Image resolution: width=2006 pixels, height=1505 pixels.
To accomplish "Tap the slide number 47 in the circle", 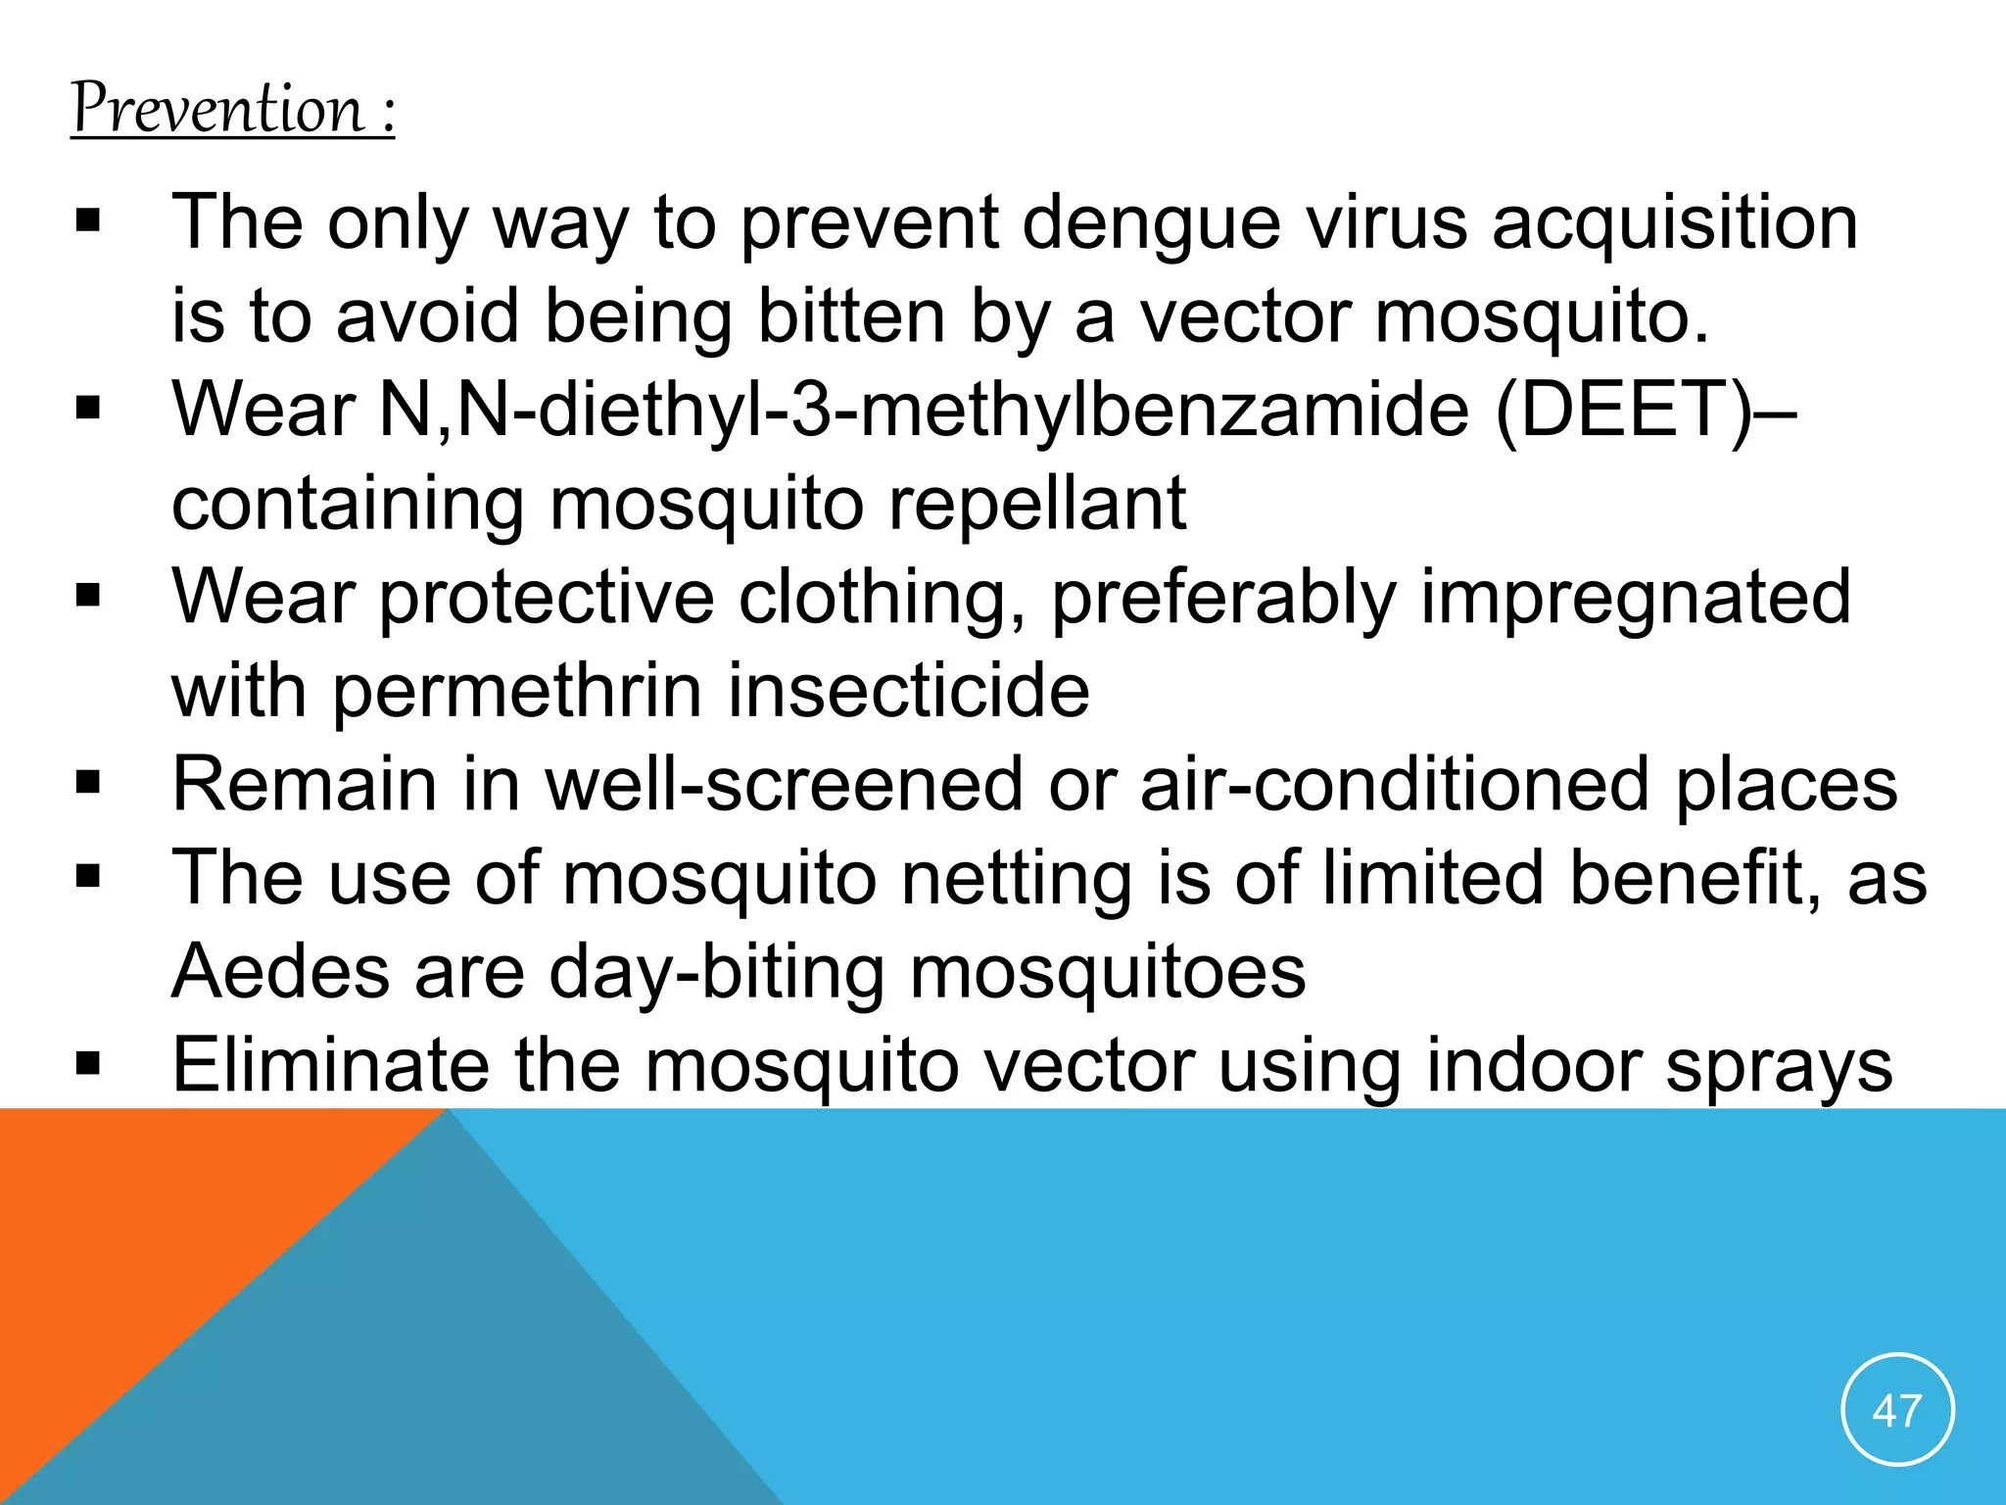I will [1897, 1411].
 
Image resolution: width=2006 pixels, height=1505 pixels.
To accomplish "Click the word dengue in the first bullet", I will [1151, 223].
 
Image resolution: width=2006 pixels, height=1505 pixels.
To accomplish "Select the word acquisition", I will [1675, 223].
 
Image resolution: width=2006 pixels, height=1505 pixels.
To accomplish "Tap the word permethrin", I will [518, 692].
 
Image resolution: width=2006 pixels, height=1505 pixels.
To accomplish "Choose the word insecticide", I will [908, 692].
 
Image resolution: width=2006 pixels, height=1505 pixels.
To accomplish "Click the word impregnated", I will [1635, 598].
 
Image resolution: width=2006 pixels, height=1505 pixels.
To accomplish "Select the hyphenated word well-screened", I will [785, 785].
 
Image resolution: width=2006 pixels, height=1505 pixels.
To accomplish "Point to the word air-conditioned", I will [1395, 785].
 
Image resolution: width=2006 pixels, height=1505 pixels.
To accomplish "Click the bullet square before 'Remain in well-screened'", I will [88, 783].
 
